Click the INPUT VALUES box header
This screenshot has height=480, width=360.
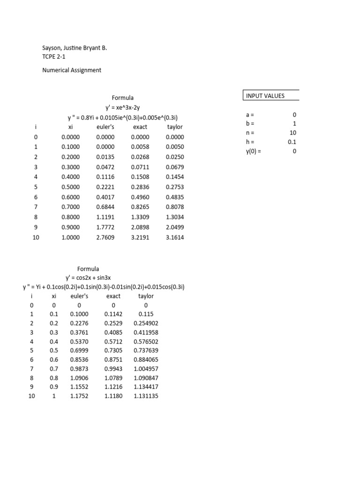point(265,96)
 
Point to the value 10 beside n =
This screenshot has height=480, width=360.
point(293,133)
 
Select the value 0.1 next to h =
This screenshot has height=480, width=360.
point(292,142)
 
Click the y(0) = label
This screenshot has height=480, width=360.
point(254,151)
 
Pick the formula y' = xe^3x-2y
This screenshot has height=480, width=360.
point(123,107)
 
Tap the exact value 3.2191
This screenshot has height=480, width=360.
point(140,238)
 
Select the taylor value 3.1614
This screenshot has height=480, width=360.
point(175,238)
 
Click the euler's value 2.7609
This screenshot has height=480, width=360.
point(105,238)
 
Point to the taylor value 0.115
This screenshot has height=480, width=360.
point(146,314)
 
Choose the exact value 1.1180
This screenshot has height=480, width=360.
point(113,396)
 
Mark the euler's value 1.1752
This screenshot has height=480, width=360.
point(79,396)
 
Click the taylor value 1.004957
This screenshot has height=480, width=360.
point(146,369)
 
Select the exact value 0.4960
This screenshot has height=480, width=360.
point(140,197)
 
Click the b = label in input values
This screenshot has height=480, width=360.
point(251,124)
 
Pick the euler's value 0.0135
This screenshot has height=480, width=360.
point(105,157)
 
